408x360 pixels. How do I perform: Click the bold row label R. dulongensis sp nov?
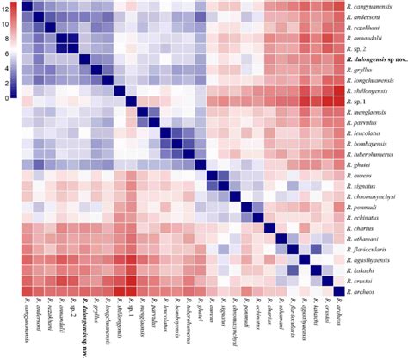click(378, 61)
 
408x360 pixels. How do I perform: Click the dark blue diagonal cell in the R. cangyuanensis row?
click(27, 7)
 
